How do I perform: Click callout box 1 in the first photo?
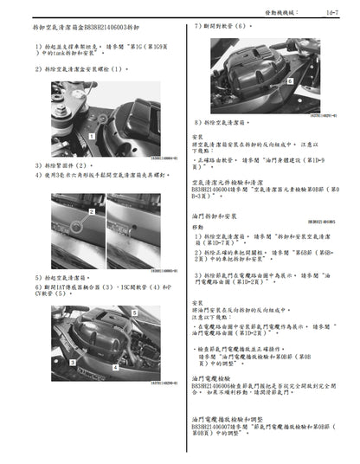point(92,136)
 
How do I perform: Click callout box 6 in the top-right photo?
point(290,80)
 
